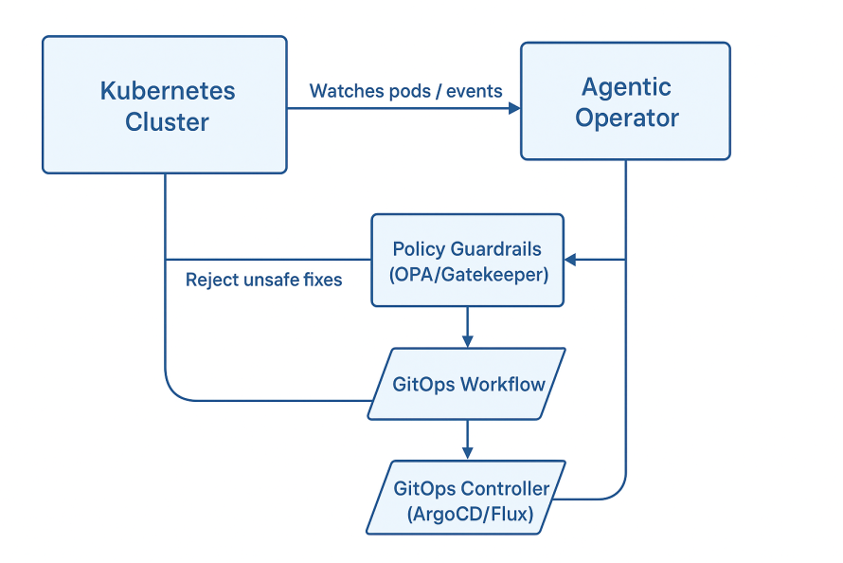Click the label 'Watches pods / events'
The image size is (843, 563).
click(405, 91)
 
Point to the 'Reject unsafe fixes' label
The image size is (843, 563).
click(263, 280)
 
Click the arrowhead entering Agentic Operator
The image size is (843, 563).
click(514, 108)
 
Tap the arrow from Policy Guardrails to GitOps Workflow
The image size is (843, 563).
click(467, 328)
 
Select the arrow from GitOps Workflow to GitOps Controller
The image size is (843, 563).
click(467, 441)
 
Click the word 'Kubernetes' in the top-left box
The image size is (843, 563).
click(168, 92)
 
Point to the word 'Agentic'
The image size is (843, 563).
click(626, 87)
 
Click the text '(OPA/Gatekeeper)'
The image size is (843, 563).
click(467, 273)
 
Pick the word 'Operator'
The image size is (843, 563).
click(627, 118)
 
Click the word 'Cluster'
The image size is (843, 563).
click(167, 122)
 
